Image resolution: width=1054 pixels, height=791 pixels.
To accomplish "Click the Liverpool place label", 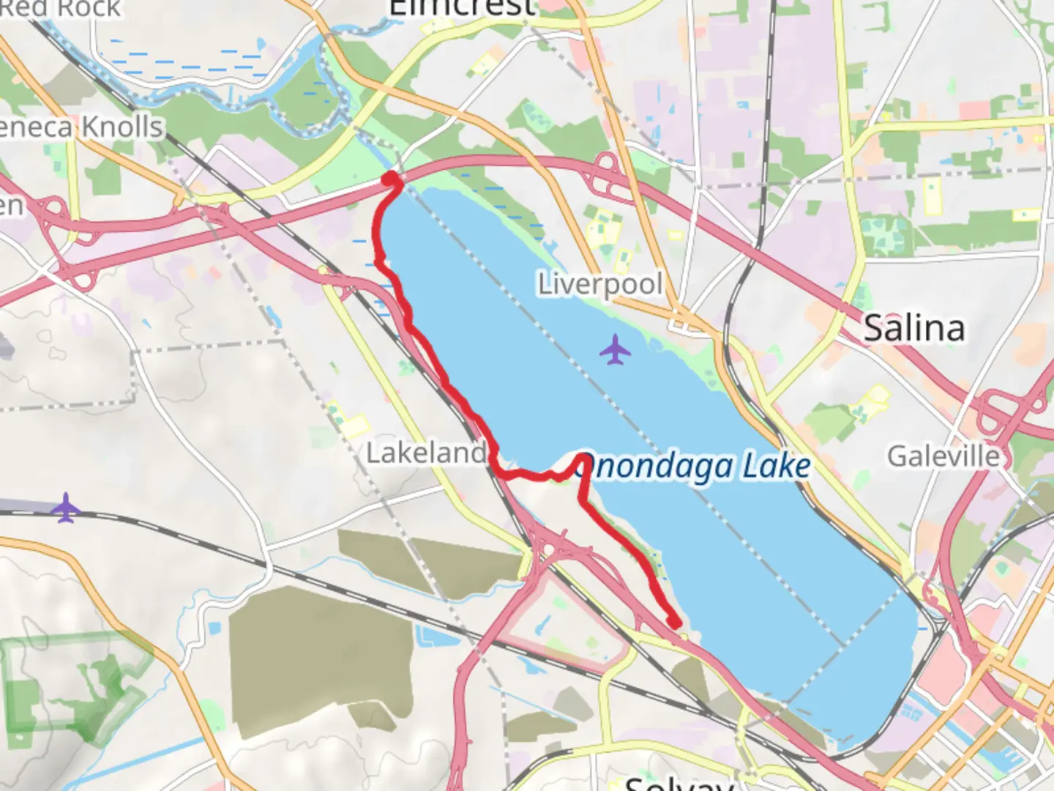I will click(x=600, y=284).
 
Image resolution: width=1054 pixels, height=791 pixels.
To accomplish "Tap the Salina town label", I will click(x=914, y=327).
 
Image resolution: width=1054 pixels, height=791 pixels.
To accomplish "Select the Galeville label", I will click(x=943, y=456).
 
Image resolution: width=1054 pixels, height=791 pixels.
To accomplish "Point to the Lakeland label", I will click(x=426, y=453).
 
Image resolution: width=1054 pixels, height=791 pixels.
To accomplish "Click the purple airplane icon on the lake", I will click(x=615, y=349).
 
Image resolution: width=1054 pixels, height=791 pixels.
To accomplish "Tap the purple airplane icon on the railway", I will click(x=66, y=508).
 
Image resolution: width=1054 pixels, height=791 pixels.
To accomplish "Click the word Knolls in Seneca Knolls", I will click(x=122, y=127).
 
